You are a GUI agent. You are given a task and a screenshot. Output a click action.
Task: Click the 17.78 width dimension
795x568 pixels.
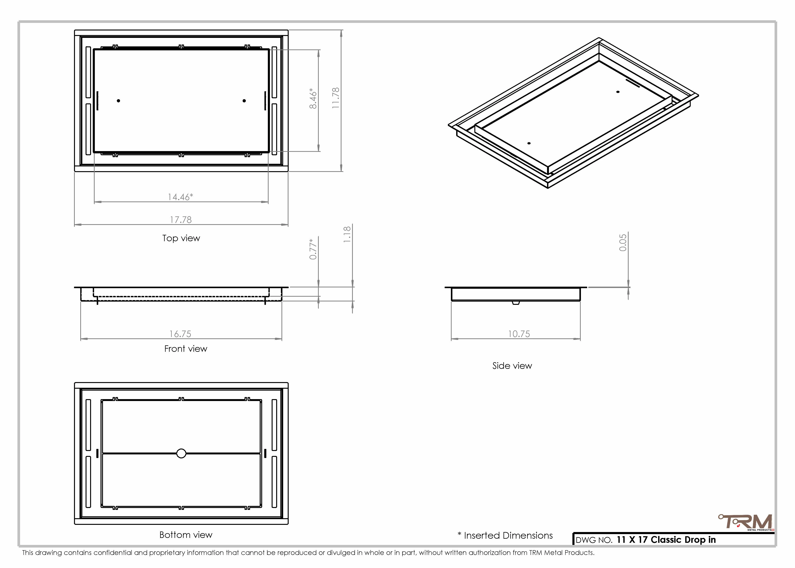[x=181, y=220]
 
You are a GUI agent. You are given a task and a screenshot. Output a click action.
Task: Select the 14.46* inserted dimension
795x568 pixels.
[x=180, y=197]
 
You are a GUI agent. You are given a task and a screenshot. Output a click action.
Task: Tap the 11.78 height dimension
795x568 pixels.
[x=336, y=98]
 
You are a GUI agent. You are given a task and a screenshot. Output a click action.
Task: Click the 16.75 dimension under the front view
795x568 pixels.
[x=180, y=334]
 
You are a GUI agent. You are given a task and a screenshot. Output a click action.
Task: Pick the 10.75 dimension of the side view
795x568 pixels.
[x=519, y=334]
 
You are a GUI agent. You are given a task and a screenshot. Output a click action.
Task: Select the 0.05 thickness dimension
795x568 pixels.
[x=623, y=243]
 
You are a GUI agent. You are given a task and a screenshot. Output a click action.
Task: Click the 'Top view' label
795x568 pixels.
[x=181, y=238]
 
